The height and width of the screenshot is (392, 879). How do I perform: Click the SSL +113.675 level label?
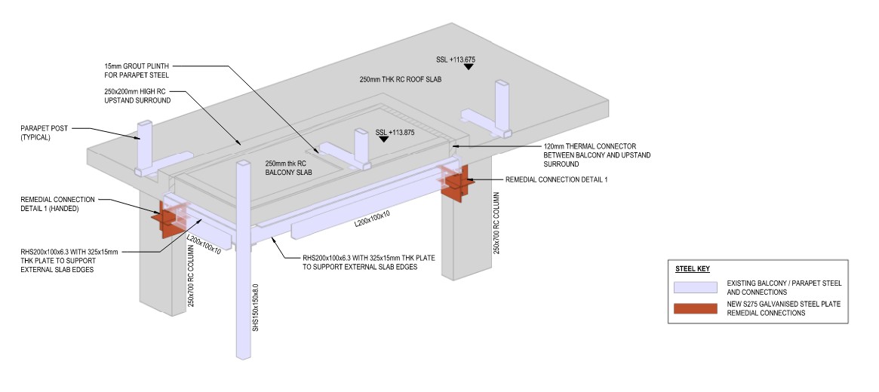pyautogui.click(x=456, y=58)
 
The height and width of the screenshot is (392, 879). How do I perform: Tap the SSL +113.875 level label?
pyautogui.click(x=395, y=132)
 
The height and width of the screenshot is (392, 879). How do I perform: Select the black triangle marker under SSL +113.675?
pyautogui.click(x=469, y=67)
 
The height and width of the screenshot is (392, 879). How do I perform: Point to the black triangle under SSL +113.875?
pyautogui.click(x=384, y=139)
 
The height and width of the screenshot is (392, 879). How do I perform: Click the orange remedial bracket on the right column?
pyautogui.click(x=457, y=184)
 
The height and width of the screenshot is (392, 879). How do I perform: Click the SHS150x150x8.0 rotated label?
pyautogui.click(x=257, y=307)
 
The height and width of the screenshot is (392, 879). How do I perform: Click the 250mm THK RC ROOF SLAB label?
pyautogui.click(x=400, y=79)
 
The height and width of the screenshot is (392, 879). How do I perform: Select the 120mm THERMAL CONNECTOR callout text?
pyautogui.click(x=596, y=155)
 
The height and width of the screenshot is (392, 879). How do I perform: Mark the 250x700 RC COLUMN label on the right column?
pyautogui.click(x=496, y=222)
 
